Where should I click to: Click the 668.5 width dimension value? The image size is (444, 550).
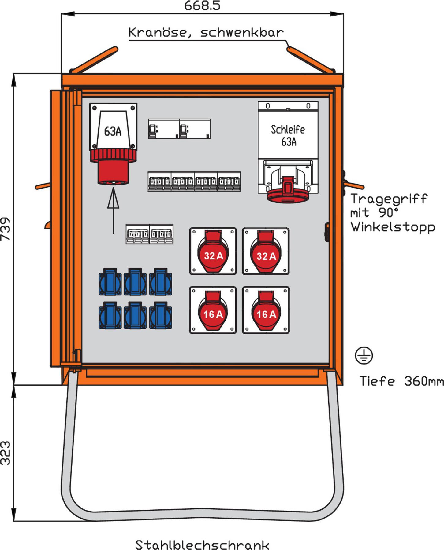pyautogui.click(x=202, y=5)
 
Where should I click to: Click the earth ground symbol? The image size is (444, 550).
pyautogui.click(x=364, y=356)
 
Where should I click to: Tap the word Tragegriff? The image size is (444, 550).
pyautogui.click(x=389, y=199)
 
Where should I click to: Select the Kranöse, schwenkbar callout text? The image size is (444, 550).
pyautogui.click(x=206, y=32)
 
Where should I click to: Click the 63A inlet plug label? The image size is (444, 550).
pyautogui.click(x=113, y=131)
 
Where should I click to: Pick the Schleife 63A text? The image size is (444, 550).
pyautogui.click(x=288, y=135)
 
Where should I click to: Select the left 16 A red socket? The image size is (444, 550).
pyautogui.click(x=213, y=310)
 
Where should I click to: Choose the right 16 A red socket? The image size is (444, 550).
pyautogui.click(x=266, y=310)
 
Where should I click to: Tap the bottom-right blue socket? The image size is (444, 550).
pyautogui.click(x=161, y=315)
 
